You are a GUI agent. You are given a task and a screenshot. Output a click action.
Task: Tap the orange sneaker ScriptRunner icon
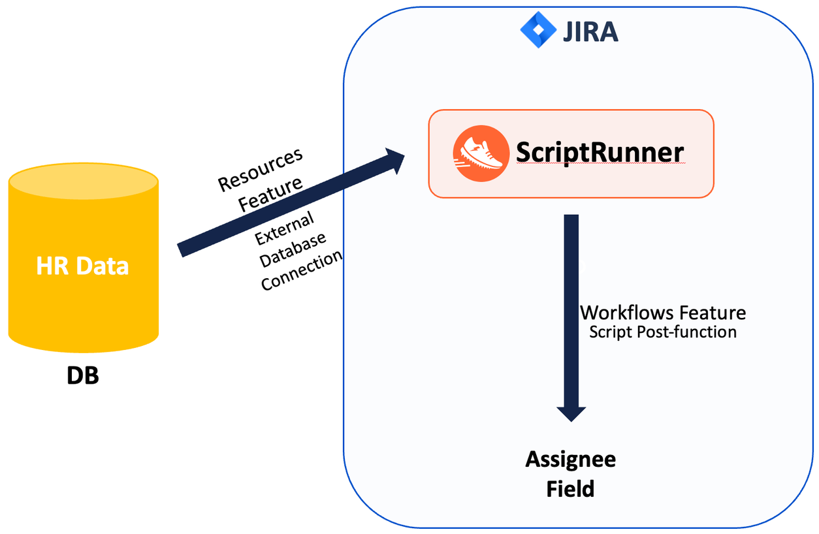(481, 153)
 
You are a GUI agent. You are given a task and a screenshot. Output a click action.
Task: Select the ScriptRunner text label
(600, 152)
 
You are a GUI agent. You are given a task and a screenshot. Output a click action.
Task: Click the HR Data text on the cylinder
(83, 266)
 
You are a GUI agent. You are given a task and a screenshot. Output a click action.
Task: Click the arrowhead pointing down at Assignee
(571, 413)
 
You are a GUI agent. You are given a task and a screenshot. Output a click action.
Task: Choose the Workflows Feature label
(662, 313)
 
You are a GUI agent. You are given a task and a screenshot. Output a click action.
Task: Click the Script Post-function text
(662, 332)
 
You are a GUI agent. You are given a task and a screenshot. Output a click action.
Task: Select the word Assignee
(571, 460)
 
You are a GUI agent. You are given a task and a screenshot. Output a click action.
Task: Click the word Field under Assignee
(571, 488)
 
